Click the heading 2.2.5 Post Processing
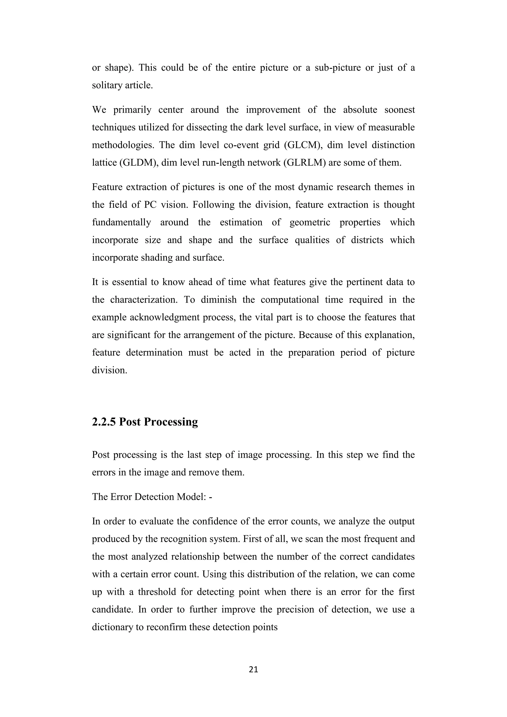click(x=145, y=422)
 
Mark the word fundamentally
click(x=122, y=222)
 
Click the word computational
click(x=290, y=300)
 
